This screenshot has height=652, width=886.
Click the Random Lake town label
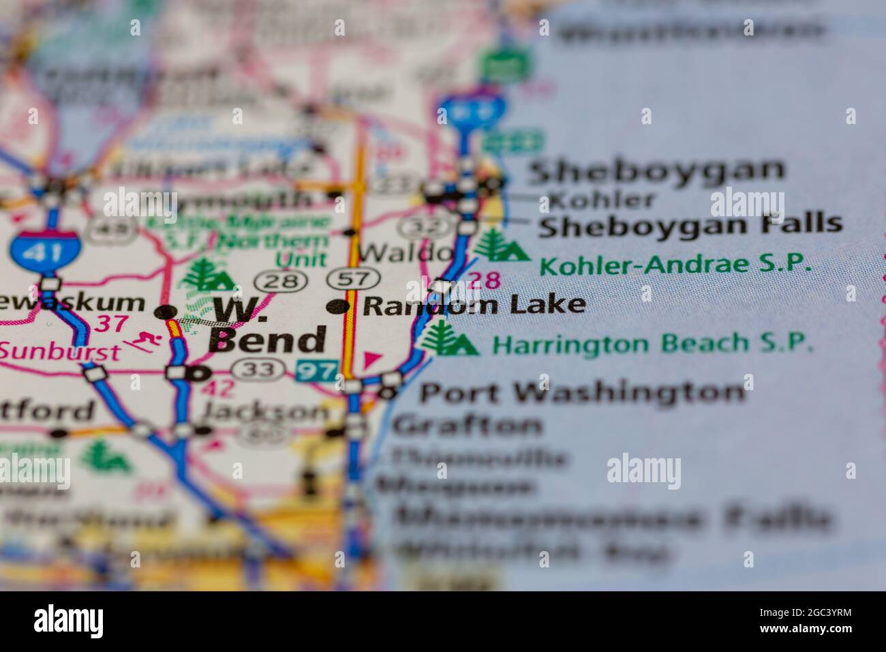coord(474,305)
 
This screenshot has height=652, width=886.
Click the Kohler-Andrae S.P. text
coord(675,264)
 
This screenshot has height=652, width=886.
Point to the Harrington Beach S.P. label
coord(652,344)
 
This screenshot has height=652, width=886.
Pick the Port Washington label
coord(581,392)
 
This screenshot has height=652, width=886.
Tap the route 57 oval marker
coord(352,278)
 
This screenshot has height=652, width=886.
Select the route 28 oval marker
coord(276,280)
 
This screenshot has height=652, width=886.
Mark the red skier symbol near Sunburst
coord(145,339)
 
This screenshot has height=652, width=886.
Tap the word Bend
coord(267,340)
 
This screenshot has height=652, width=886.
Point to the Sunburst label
coord(59,351)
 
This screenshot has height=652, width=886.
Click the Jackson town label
coord(266,412)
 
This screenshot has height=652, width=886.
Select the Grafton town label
coord(468,426)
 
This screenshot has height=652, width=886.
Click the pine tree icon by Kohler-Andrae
coord(501,246)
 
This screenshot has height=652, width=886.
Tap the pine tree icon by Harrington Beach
coord(446,338)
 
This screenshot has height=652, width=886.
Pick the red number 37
coord(110,323)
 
